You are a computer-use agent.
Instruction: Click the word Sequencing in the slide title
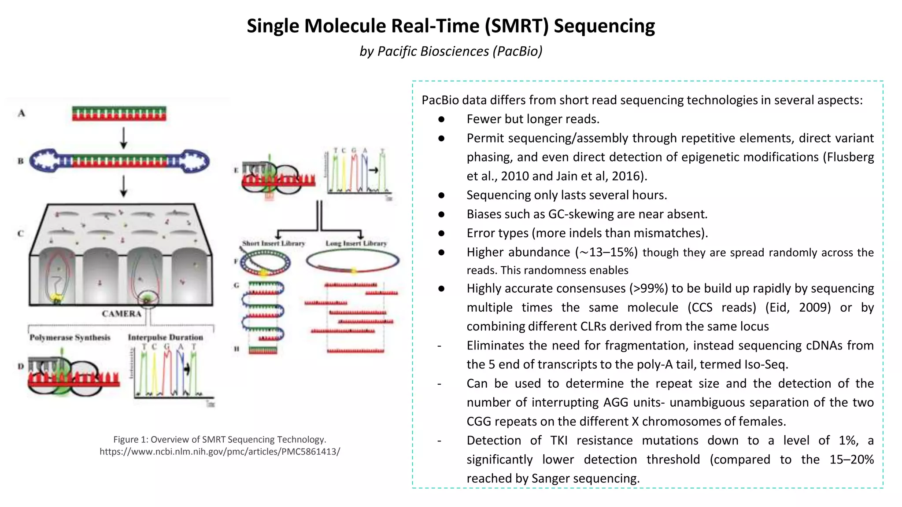[x=604, y=26]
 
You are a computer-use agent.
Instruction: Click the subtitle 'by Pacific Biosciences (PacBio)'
[x=451, y=51]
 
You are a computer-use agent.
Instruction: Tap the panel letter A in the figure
[x=22, y=114]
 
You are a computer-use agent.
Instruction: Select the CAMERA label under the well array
[x=122, y=314]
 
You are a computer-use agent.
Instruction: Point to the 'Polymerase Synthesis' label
[x=70, y=338]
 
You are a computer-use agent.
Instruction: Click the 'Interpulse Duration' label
[x=166, y=338]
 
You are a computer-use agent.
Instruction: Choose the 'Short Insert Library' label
[x=274, y=243]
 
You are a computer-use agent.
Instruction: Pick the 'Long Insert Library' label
[x=356, y=243]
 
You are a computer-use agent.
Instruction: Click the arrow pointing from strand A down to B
[x=124, y=138]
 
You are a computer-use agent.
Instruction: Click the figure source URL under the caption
[x=220, y=452]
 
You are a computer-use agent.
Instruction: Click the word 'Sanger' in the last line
[x=554, y=478]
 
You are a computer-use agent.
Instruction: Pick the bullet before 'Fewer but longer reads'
[x=441, y=119]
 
